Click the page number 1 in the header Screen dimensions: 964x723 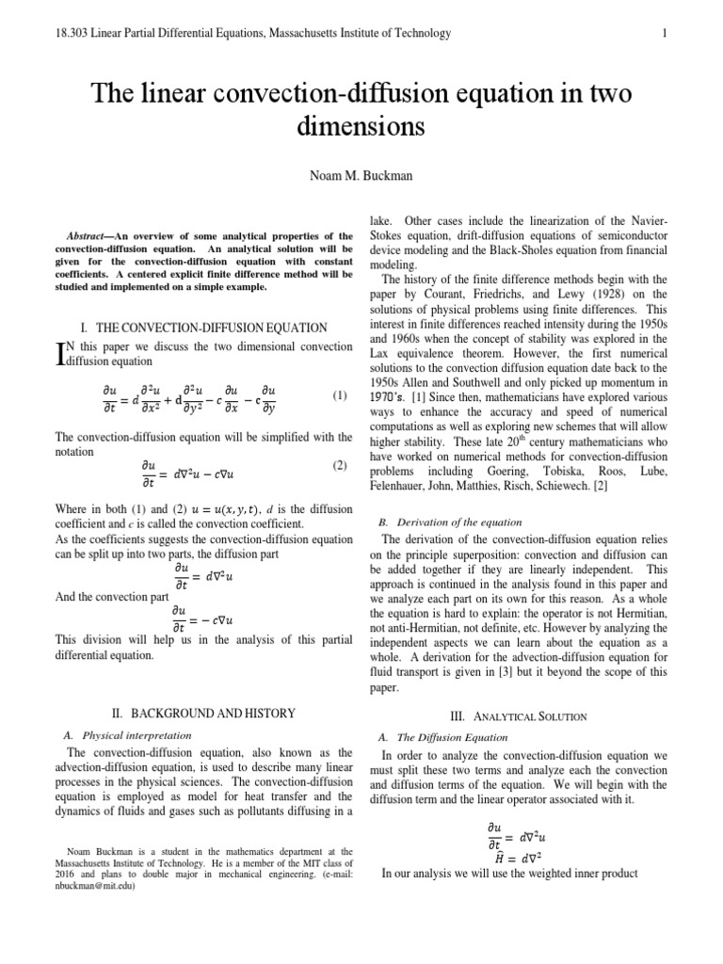click(665, 34)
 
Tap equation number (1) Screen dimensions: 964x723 click(340, 396)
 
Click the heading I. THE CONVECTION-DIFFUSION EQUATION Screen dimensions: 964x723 click(204, 328)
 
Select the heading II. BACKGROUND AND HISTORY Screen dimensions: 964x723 click(203, 714)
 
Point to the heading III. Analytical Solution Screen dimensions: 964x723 click(523, 716)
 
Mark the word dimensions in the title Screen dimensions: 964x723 click(361, 125)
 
